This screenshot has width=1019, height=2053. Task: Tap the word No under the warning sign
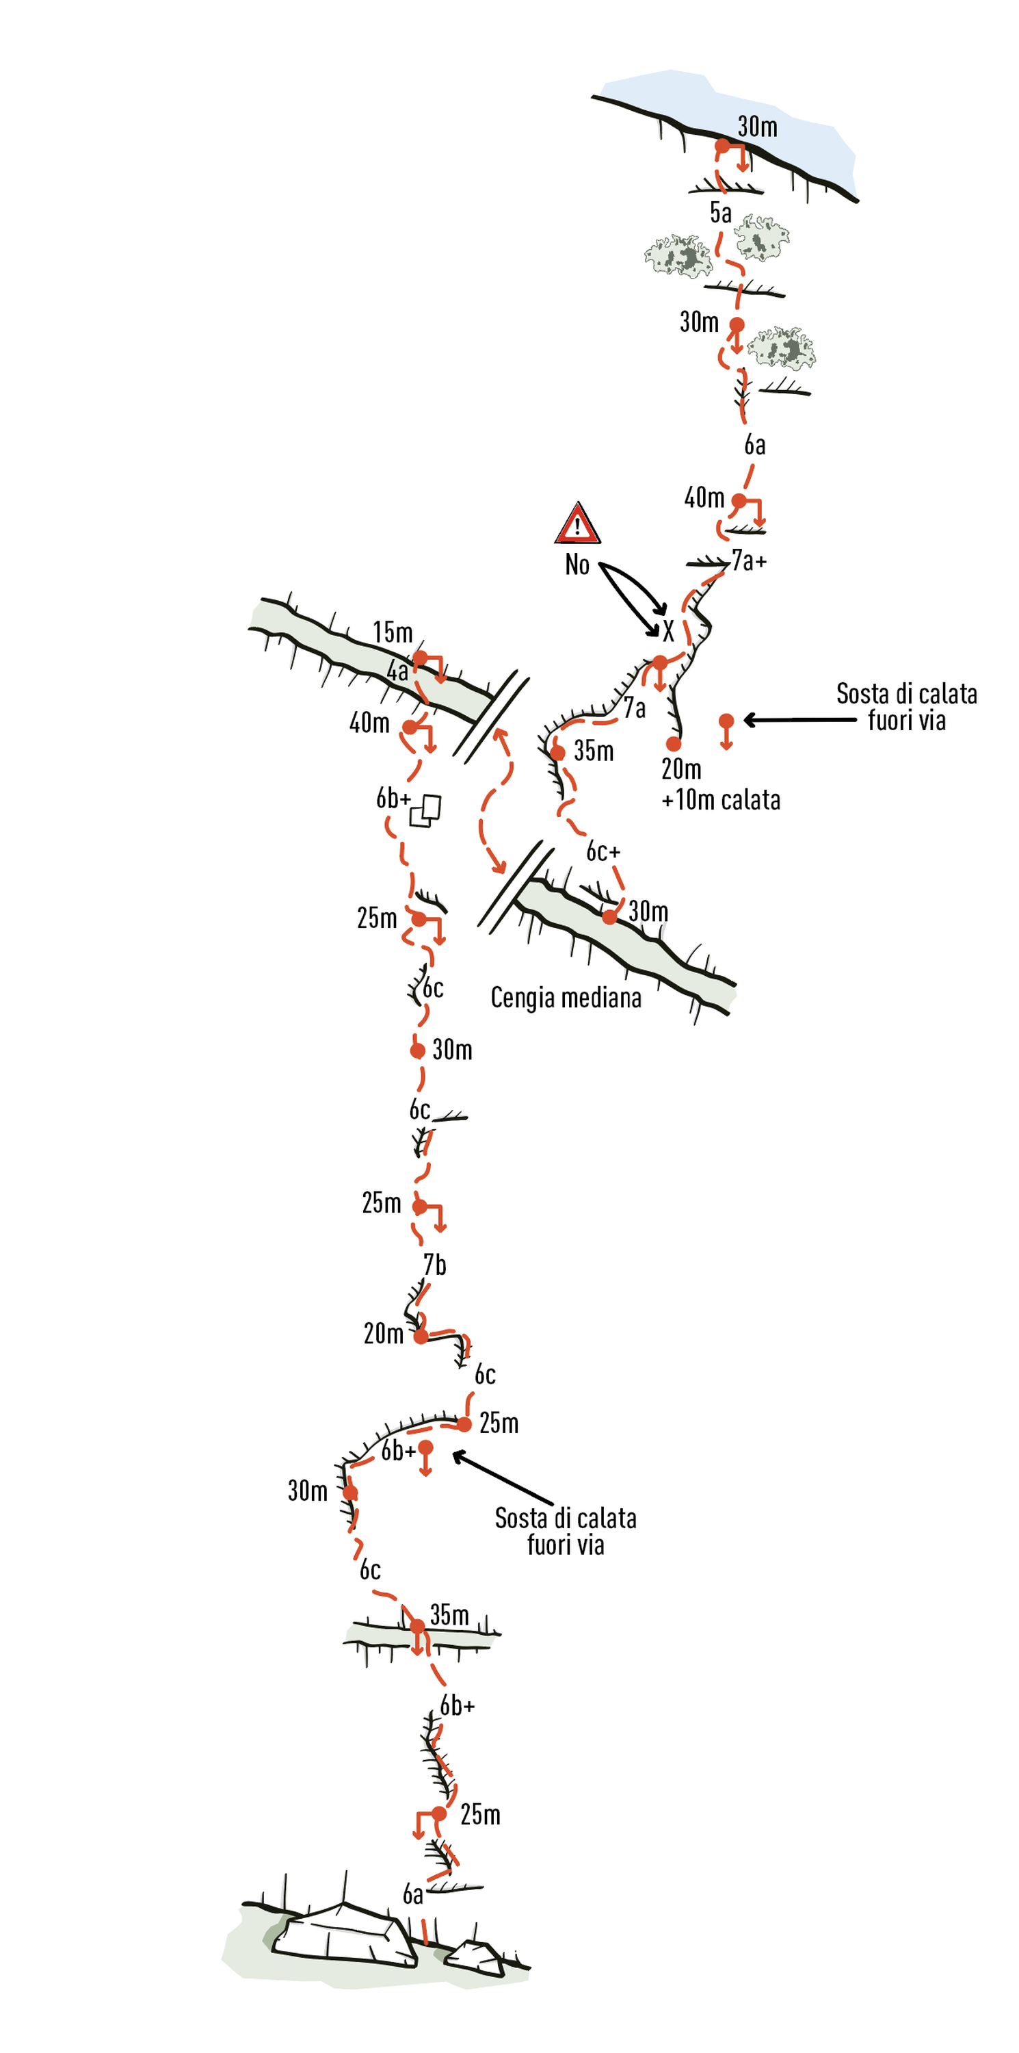(577, 565)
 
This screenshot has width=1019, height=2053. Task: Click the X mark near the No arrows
(667, 631)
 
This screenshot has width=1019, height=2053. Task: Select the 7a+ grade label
(749, 561)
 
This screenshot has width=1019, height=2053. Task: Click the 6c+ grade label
(603, 852)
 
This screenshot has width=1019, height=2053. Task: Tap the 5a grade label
(720, 213)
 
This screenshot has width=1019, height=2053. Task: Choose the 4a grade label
(397, 672)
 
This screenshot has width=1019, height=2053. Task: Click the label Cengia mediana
(566, 998)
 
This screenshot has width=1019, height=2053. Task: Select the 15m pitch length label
(393, 633)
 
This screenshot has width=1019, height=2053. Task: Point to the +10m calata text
(720, 800)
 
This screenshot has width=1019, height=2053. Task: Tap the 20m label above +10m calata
(681, 769)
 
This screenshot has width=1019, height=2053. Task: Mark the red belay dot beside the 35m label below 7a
(557, 752)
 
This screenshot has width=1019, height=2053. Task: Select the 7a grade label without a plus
(634, 708)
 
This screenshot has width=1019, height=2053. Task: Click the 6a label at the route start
(412, 1894)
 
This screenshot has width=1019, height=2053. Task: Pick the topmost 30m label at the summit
(757, 127)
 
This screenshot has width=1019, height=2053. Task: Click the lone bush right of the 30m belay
(782, 348)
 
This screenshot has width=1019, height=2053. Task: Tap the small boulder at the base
(474, 1957)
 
